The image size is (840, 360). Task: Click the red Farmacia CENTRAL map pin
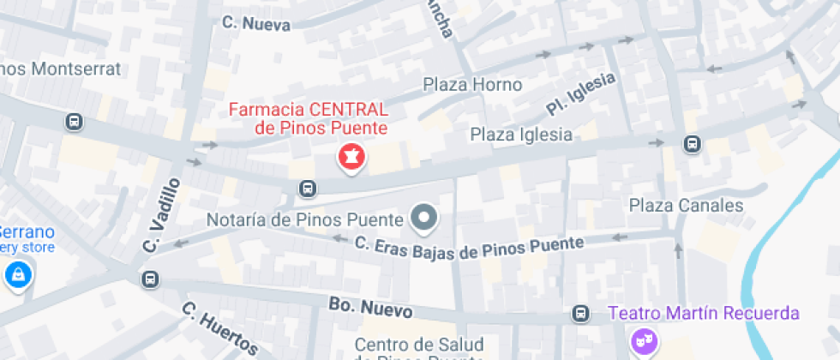[351, 157]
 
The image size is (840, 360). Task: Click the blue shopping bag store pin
[17, 275]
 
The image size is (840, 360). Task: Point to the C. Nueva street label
[255, 24]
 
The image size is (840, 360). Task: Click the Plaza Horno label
[472, 85]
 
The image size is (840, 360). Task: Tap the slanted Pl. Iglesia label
[581, 94]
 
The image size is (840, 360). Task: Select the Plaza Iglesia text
[520, 135]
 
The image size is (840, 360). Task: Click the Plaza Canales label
[686, 206]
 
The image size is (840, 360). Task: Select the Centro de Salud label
[419, 345]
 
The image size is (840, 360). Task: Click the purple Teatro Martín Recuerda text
[704, 314]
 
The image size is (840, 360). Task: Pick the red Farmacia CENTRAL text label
[307, 118]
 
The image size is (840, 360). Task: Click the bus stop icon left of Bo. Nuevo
[150, 279]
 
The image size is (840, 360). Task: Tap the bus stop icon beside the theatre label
[581, 314]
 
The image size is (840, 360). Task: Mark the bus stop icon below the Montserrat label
[75, 123]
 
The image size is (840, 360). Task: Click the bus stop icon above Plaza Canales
[691, 143]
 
